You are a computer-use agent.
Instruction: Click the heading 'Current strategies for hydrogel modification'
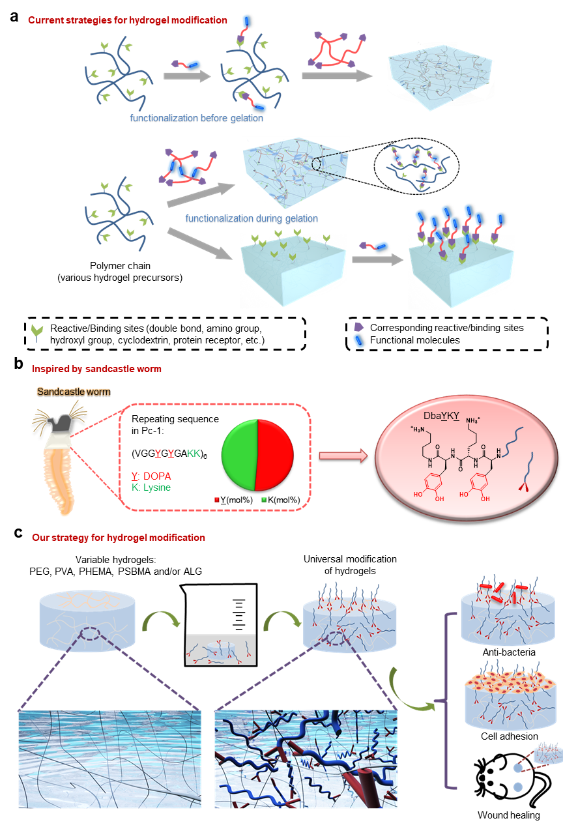pos(128,20)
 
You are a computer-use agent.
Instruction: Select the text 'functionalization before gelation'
pos(197,119)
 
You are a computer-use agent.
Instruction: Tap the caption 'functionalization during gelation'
pos(252,219)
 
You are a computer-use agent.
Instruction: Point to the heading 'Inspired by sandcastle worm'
pos(96,369)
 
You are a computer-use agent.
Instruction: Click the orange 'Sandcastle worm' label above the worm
pos(73,392)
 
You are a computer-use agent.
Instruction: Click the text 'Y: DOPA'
pos(151,476)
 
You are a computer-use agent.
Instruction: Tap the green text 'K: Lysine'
pos(151,487)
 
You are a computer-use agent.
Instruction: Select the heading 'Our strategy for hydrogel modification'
pos(119,538)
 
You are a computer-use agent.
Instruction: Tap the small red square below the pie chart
pos(217,500)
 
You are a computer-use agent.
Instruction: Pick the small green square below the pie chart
pos(263,500)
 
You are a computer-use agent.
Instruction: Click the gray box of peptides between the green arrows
pos(220,650)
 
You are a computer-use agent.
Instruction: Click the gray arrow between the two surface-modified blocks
pos(375,259)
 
